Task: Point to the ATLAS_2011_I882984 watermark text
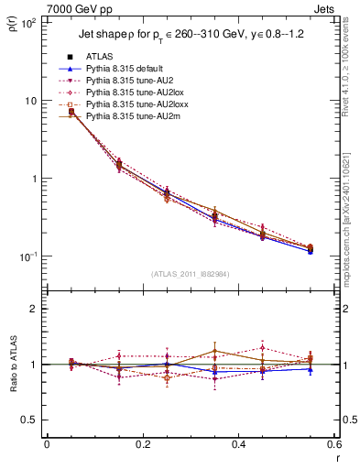[191, 274]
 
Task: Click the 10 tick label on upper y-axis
[29, 101]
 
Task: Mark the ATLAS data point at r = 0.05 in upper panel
[71, 112]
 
